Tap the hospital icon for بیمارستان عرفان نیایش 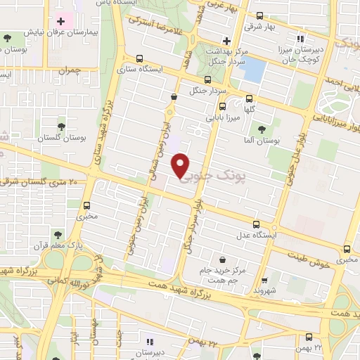coord(61,21)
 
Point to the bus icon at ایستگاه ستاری coord(140,59)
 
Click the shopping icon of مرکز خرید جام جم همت coord(223,259)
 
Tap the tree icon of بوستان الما coord(262,129)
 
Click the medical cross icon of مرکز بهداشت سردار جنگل coord(226,39)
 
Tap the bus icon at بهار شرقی coord(259,15)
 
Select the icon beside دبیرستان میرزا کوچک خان coord(300,39)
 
